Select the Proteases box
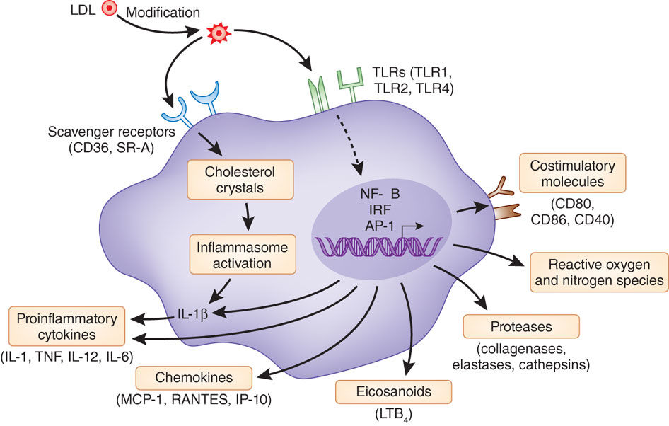click(x=520, y=326)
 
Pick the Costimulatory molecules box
click(x=572, y=172)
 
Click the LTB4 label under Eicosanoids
click(x=384, y=415)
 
